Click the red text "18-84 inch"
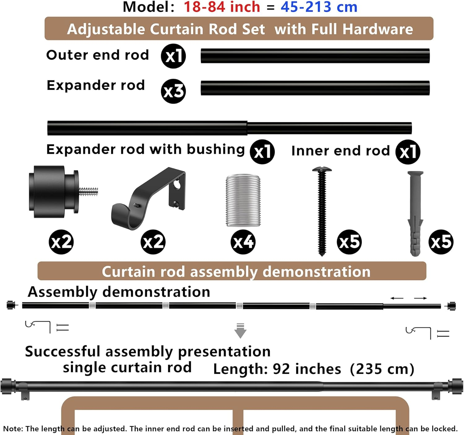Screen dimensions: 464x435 click(x=222, y=7)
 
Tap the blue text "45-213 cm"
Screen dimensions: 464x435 click(x=319, y=7)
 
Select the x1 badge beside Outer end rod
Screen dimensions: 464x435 click(x=173, y=56)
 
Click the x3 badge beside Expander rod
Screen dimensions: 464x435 click(x=173, y=91)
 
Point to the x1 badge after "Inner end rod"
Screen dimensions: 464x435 click(x=408, y=152)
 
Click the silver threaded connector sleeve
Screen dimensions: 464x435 click(x=243, y=200)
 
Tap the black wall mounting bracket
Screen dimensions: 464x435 click(x=148, y=198)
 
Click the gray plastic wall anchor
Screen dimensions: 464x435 click(x=415, y=214)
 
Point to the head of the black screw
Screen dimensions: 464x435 click(x=322, y=169)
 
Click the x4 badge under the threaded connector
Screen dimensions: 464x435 click(x=243, y=242)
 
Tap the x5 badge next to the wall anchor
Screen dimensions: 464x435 click(x=441, y=242)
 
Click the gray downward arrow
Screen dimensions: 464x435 click(x=240, y=331)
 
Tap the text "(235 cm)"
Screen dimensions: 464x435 click(x=382, y=369)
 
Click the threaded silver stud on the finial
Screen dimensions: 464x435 click(x=88, y=192)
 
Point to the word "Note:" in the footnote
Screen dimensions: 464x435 click(x=13, y=429)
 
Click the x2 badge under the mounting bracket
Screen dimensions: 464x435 click(x=153, y=242)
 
